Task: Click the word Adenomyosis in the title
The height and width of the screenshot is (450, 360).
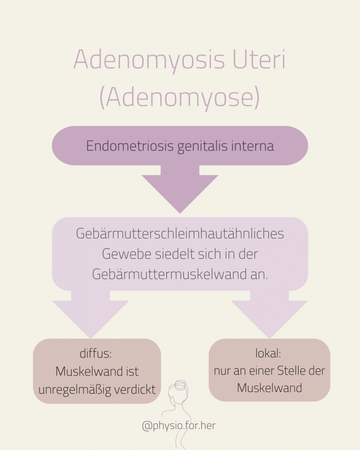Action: pos(149,61)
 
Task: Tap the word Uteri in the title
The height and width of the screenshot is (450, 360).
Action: pos(259,59)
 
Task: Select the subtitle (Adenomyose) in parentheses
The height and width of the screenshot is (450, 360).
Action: pos(180,98)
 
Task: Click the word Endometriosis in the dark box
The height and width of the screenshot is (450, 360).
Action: pos(130,145)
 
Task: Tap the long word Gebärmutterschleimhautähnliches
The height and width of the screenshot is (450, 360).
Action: pos(180,233)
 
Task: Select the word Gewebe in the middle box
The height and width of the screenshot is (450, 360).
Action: pos(127,254)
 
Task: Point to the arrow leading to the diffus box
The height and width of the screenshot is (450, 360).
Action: pos(91,315)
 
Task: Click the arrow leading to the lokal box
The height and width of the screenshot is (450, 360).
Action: pos(269,315)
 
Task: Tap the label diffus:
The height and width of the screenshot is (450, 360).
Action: pos(95,353)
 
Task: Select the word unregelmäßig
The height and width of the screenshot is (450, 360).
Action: pos(75,390)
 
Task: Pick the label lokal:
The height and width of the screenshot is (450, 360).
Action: pos(268,353)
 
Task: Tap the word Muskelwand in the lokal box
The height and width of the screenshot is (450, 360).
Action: pos(269,388)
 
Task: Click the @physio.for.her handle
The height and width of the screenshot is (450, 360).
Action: pos(178,425)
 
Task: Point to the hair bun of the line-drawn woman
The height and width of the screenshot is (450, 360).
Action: pos(180,385)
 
